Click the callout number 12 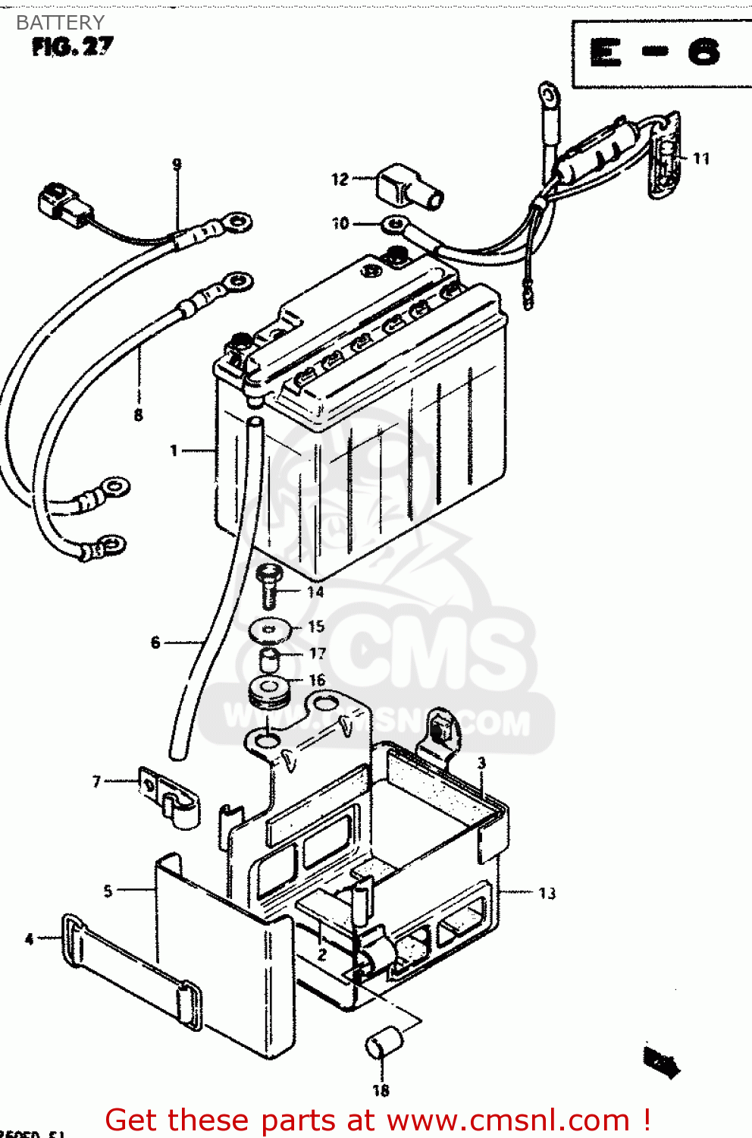tap(340, 180)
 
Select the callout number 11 tap(701, 159)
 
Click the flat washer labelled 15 tap(271, 628)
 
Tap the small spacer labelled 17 tap(271, 657)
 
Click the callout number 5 tap(108, 891)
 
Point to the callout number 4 tap(29, 939)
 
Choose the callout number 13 tap(547, 894)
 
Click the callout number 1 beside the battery tap(174, 451)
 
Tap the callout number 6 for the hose tap(155, 643)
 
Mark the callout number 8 tap(138, 415)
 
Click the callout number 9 tap(177, 164)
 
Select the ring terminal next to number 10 tap(393, 224)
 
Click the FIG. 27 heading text tap(73, 47)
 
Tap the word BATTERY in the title tap(60, 23)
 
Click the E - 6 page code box tap(656, 53)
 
